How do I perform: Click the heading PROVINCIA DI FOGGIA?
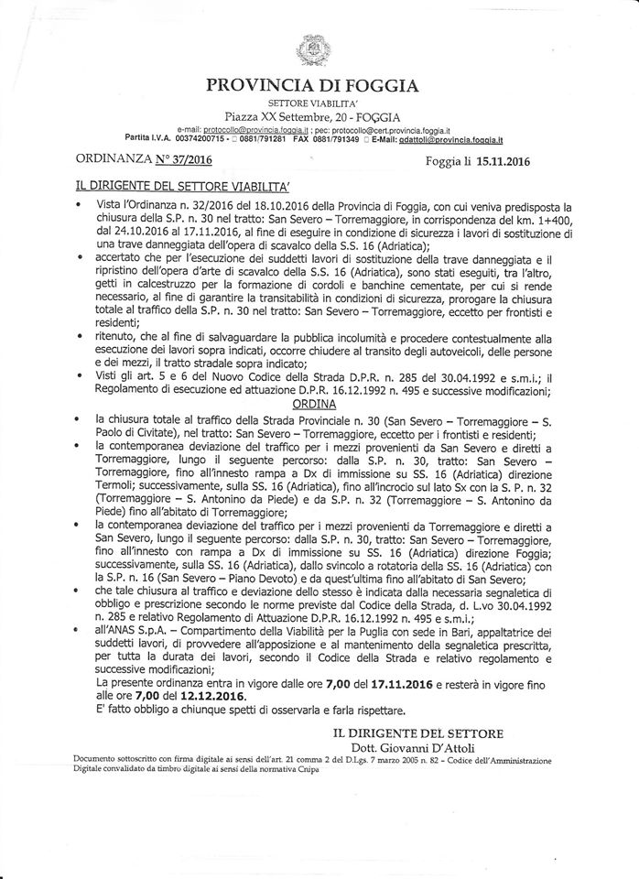(x=313, y=85)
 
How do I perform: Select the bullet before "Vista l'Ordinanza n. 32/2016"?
(x=81, y=208)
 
